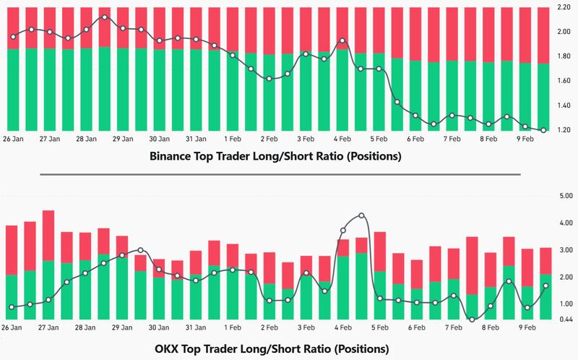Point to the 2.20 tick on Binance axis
click(x=562, y=7)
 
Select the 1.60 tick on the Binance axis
click(x=562, y=81)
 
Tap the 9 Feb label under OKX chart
click(x=527, y=327)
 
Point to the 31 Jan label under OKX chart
click(x=197, y=327)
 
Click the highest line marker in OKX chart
click(x=361, y=215)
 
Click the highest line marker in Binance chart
click(x=105, y=17)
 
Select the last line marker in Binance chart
click(x=543, y=130)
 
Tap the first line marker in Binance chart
click(x=13, y=36)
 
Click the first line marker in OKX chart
click(x=12, y=307)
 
